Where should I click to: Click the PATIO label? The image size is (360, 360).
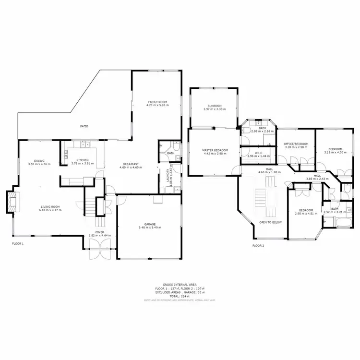[x=84, y=126]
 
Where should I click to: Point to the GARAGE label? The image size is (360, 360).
[x=150, y=224]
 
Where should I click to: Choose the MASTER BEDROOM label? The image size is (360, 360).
[x=215, y=151]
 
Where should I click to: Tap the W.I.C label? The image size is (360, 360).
[x=259, y=153]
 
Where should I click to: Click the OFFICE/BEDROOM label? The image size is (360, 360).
[x=295, y=144]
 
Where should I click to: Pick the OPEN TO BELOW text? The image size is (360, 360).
[x=270, y=223]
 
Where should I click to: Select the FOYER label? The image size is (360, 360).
[x=100, y=232]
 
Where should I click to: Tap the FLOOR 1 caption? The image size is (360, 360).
[x=18, y=243]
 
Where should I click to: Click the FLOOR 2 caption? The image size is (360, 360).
[x=258, y=245]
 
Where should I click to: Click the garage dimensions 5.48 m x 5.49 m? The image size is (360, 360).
[x=150, y=228]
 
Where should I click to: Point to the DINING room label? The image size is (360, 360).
[x=39, y=161]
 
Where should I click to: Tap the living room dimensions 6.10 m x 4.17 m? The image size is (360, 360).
[x=50, y=210]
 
